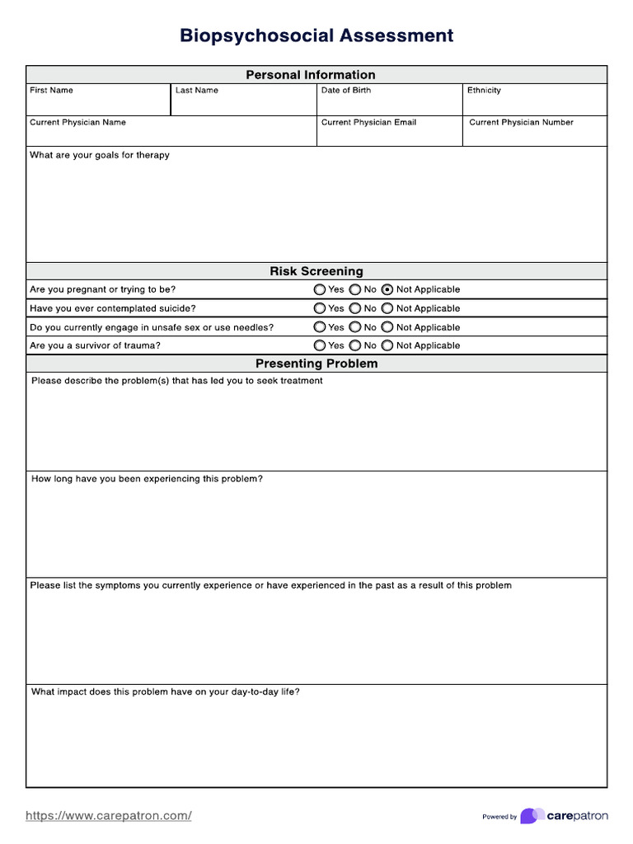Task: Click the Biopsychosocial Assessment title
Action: (316, 35)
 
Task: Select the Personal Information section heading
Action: (310, 75)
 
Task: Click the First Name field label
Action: (51, 91)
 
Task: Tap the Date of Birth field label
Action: (345, 91)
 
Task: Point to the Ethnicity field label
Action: (484, 91)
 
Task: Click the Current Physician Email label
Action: (368, 123)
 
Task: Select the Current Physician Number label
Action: (521, 123)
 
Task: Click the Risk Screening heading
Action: (316, 271)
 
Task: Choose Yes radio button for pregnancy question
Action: (320, 290)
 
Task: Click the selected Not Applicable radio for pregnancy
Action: (387, 290)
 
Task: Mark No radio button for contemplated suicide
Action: (354, 308)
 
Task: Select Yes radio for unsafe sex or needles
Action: (320, 327)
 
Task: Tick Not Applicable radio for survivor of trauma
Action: (387, 346)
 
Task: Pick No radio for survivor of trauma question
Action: (354, 346)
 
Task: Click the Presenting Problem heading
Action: (316, 363)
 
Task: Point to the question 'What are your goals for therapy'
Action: (100, 155)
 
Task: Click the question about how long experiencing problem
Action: (147, 479)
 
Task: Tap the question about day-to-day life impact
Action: (165, 692)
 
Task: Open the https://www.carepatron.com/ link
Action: (109, 816)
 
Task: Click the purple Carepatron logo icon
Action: (532, 816)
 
